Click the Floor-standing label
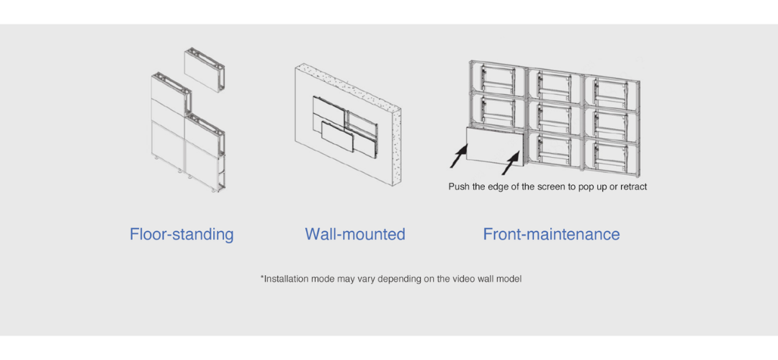click(x=182, y=234)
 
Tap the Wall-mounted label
click(x=355, y=234)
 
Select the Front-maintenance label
click(x=551, y=234)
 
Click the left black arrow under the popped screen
click(x=459, y=156)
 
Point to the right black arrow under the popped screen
click(x=511, y=163)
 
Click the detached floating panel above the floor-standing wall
click(x=205, y=70)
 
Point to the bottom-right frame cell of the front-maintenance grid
click(x=612, y=156)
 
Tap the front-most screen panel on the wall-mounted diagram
click(x=337, y=136)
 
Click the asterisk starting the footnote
click(x=262, y=277)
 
